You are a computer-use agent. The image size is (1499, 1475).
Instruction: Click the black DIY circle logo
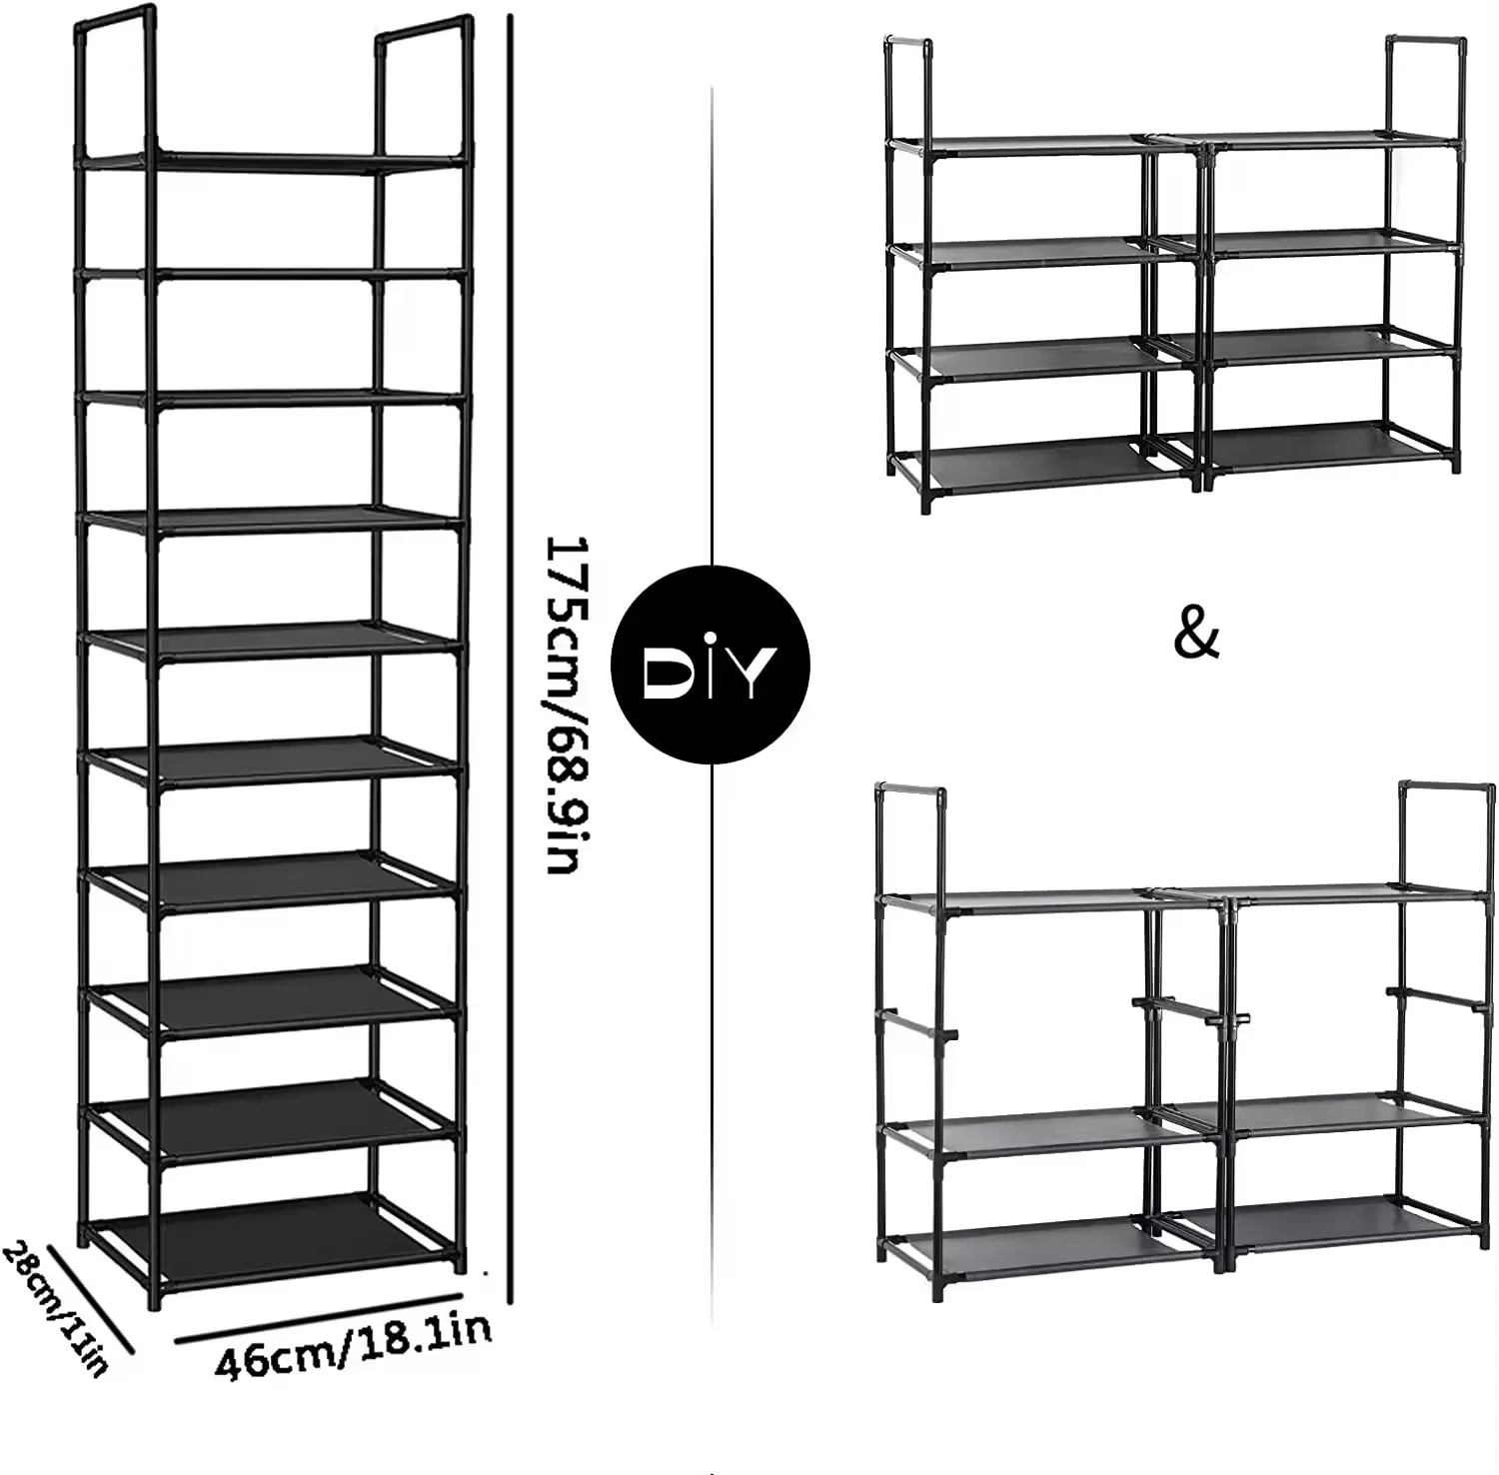(710, 665)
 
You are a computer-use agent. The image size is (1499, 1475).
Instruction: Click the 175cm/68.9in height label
(562, 706)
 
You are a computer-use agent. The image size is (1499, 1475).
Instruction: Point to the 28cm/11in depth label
(55, 1309)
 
